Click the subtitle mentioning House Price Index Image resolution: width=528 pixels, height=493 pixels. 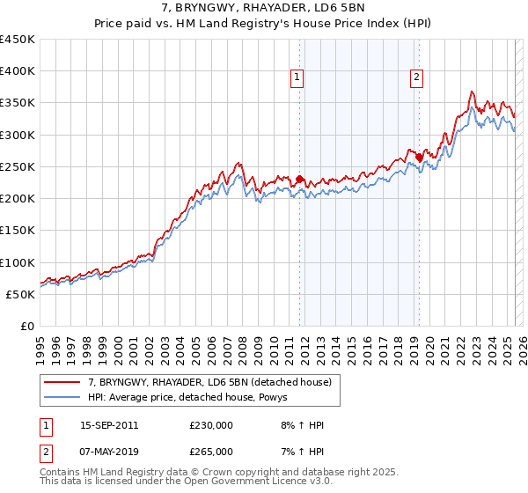click(263, 24)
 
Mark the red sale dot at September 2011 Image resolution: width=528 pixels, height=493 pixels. click(299, 180)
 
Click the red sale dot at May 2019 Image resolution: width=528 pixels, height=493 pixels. click(419, 158)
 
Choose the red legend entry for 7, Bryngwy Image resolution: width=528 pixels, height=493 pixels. click(209, 382)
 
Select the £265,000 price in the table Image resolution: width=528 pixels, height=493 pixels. click(211, 452)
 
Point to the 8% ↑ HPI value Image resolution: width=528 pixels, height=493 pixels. click(300, 425)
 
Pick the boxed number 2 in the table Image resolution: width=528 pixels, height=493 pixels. click(46, 452)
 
